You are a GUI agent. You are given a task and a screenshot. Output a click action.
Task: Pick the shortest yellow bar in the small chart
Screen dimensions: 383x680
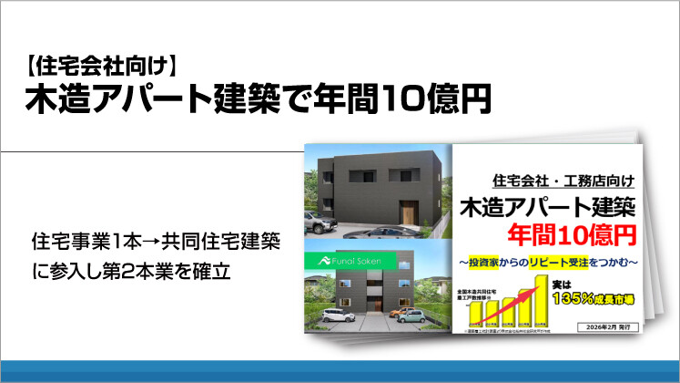tap(475, 316)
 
